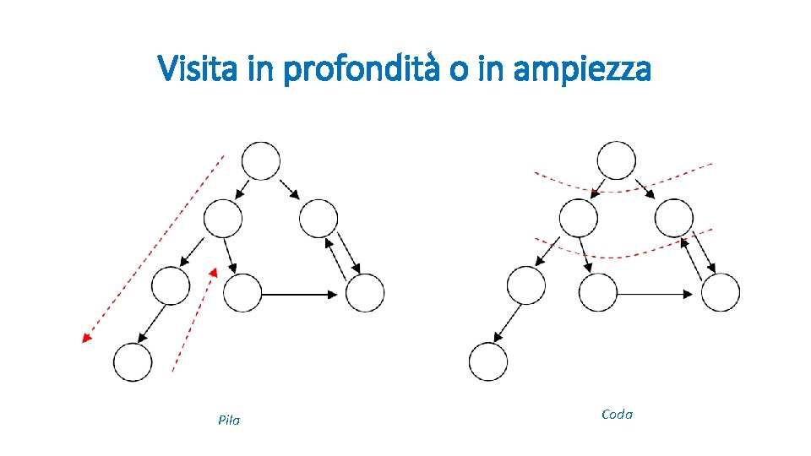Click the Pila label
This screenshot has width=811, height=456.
click(228, 420)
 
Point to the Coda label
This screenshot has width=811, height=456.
click(617, 414)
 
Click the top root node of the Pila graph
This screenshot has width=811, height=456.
click(261, 160)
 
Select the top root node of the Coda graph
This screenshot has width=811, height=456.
click(617, 160)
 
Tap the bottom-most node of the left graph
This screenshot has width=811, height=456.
click(133, 362)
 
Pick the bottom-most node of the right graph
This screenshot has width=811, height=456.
click(488, 362)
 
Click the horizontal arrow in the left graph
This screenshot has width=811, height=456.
click(300, 294)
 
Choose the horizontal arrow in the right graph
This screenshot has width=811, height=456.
click(656, 294)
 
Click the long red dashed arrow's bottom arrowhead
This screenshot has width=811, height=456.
click(85, 338)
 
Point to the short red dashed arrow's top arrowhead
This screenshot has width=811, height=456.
click(214, 273)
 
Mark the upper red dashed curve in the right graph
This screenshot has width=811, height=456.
click(621, 186)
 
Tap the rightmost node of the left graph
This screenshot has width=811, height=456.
click(365, 293)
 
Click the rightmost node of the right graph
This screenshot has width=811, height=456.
click(721, 293)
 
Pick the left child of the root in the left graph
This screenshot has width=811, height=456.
click(223, 219)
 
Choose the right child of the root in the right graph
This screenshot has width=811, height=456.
click(674, 219)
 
